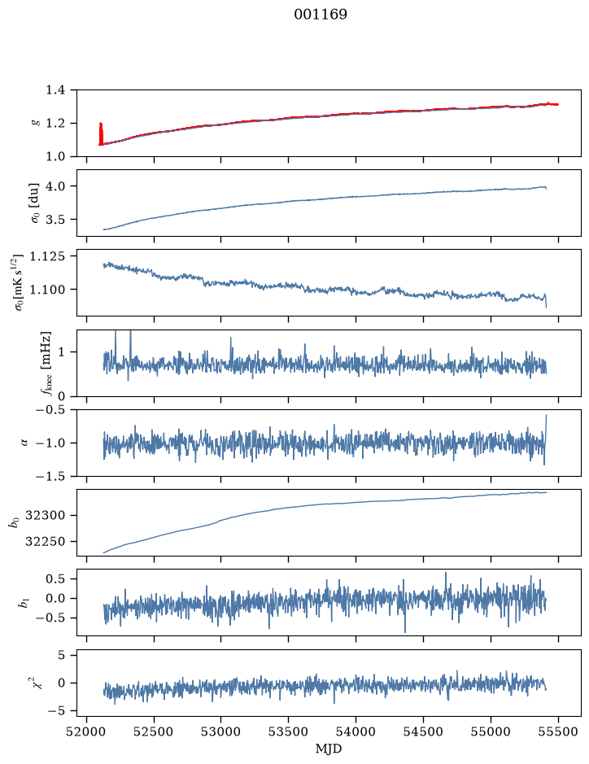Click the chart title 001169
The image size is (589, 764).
pyautogui.click(x=321, y=15)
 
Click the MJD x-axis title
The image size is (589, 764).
pyautogui.click(x=329, y=749)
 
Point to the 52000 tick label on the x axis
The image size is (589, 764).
pyautogui.click(x=87, y=731)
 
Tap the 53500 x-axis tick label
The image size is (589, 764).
pyautogui.click(x=289, y=731)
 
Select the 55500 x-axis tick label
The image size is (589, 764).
pyautogui.click(x=558, y=731)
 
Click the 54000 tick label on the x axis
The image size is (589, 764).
pyautogui.click(x=356, y=731)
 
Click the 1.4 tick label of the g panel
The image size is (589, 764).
pyautogui.click(x=55, y=90)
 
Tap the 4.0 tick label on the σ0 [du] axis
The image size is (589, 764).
pyautogui.click(x=55, y=186)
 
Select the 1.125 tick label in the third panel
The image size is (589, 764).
pyautogui.click(x=46, y=256)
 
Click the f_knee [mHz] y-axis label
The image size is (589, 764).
pyautogui.click(x=46, y=363)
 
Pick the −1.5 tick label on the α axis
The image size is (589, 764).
pyautogui.click(x=50, y=476)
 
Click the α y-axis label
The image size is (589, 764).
pyautogui.click(x=24, y=443)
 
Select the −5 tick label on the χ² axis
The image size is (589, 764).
pyautogui.click(x=56, y=711)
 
